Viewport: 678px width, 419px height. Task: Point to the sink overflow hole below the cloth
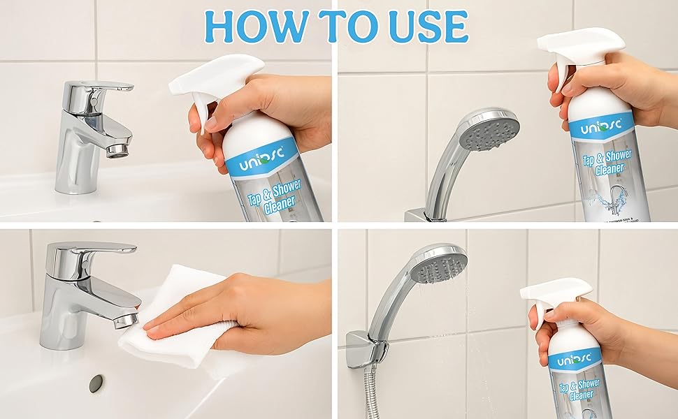(96, 382)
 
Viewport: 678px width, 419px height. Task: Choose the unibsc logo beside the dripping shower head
(574, 361)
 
